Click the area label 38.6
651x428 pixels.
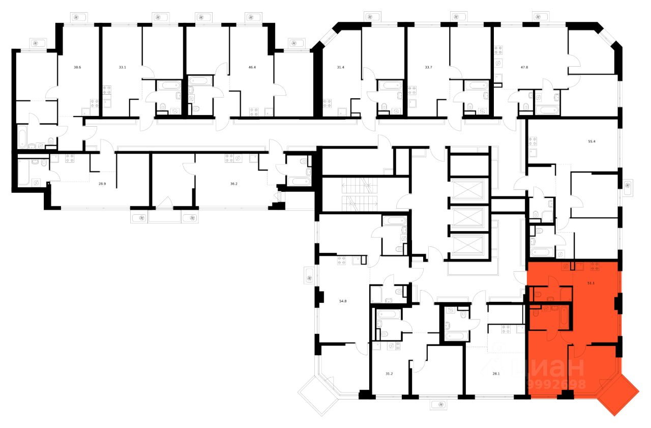click(x=77, y=67)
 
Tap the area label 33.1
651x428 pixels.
click(x=122, y=67)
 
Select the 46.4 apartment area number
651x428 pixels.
click(x=252, y=67)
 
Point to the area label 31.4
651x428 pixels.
click(x=341, y=67)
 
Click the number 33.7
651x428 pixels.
click(x=428, y=67)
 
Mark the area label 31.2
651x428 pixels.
click(x=389, y=374)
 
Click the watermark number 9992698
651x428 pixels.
click(x=557, y=385)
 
